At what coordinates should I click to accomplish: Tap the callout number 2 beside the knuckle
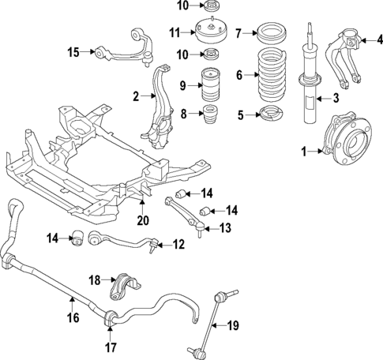pyautogui.click(x=136, y=96)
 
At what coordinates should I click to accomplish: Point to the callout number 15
pyautogui.click(x=73, y=53)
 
